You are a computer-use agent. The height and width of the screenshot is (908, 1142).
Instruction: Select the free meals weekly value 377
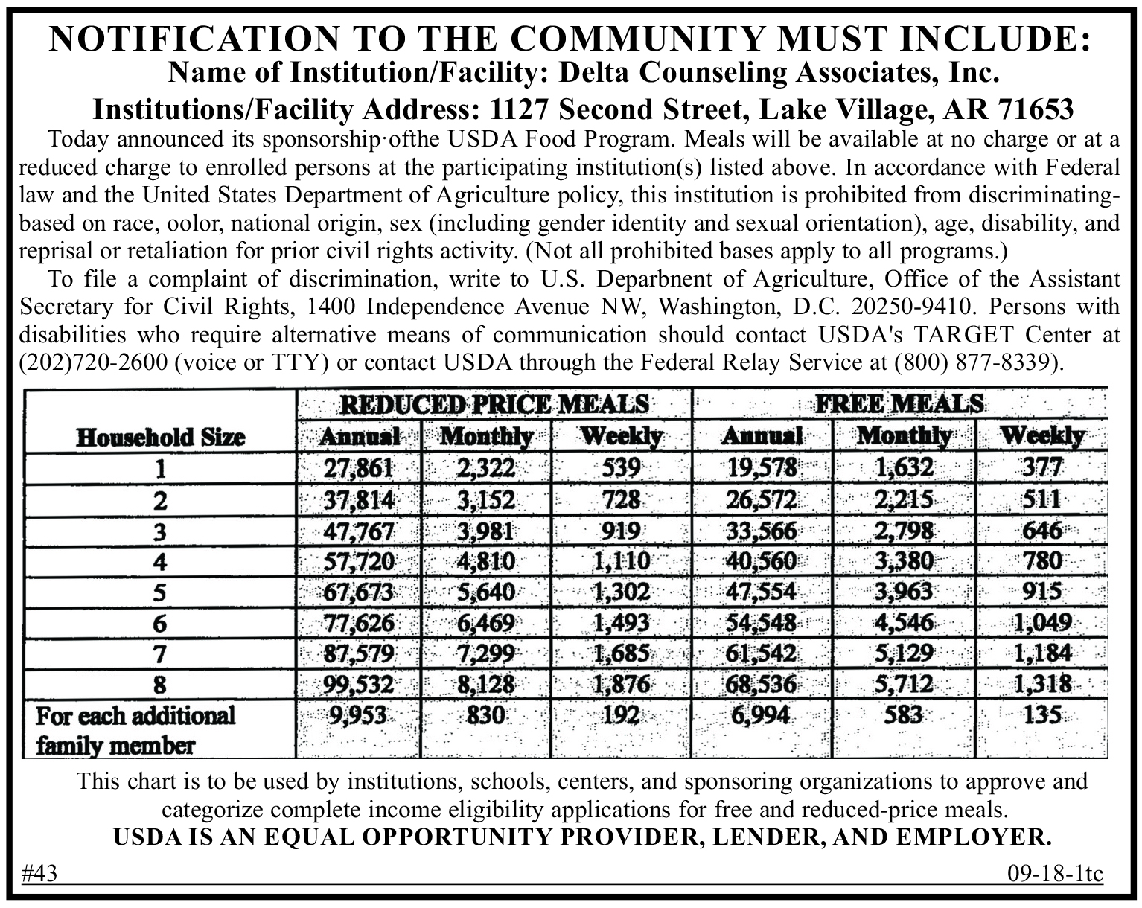(x=1041, y=468)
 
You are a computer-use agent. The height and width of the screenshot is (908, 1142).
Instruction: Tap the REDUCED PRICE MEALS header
(x=494, y=405)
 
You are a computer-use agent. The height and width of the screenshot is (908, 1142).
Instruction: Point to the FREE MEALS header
(x=899, y=404)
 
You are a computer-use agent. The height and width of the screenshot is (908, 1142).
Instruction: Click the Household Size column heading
(x=160, y=437)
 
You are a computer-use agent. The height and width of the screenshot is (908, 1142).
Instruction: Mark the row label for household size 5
(x=159, y=592)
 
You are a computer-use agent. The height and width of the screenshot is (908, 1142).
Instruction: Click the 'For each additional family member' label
(x=135, y=730)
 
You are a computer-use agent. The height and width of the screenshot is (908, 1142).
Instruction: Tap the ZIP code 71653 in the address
(x=1036, y=109)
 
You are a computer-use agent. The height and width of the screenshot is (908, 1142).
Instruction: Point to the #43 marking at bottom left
(x=40, y=874)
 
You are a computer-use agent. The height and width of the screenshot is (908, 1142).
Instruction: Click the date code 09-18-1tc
(x=1054, y=874)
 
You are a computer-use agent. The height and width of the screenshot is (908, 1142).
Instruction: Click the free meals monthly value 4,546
(x=903, y=622)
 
